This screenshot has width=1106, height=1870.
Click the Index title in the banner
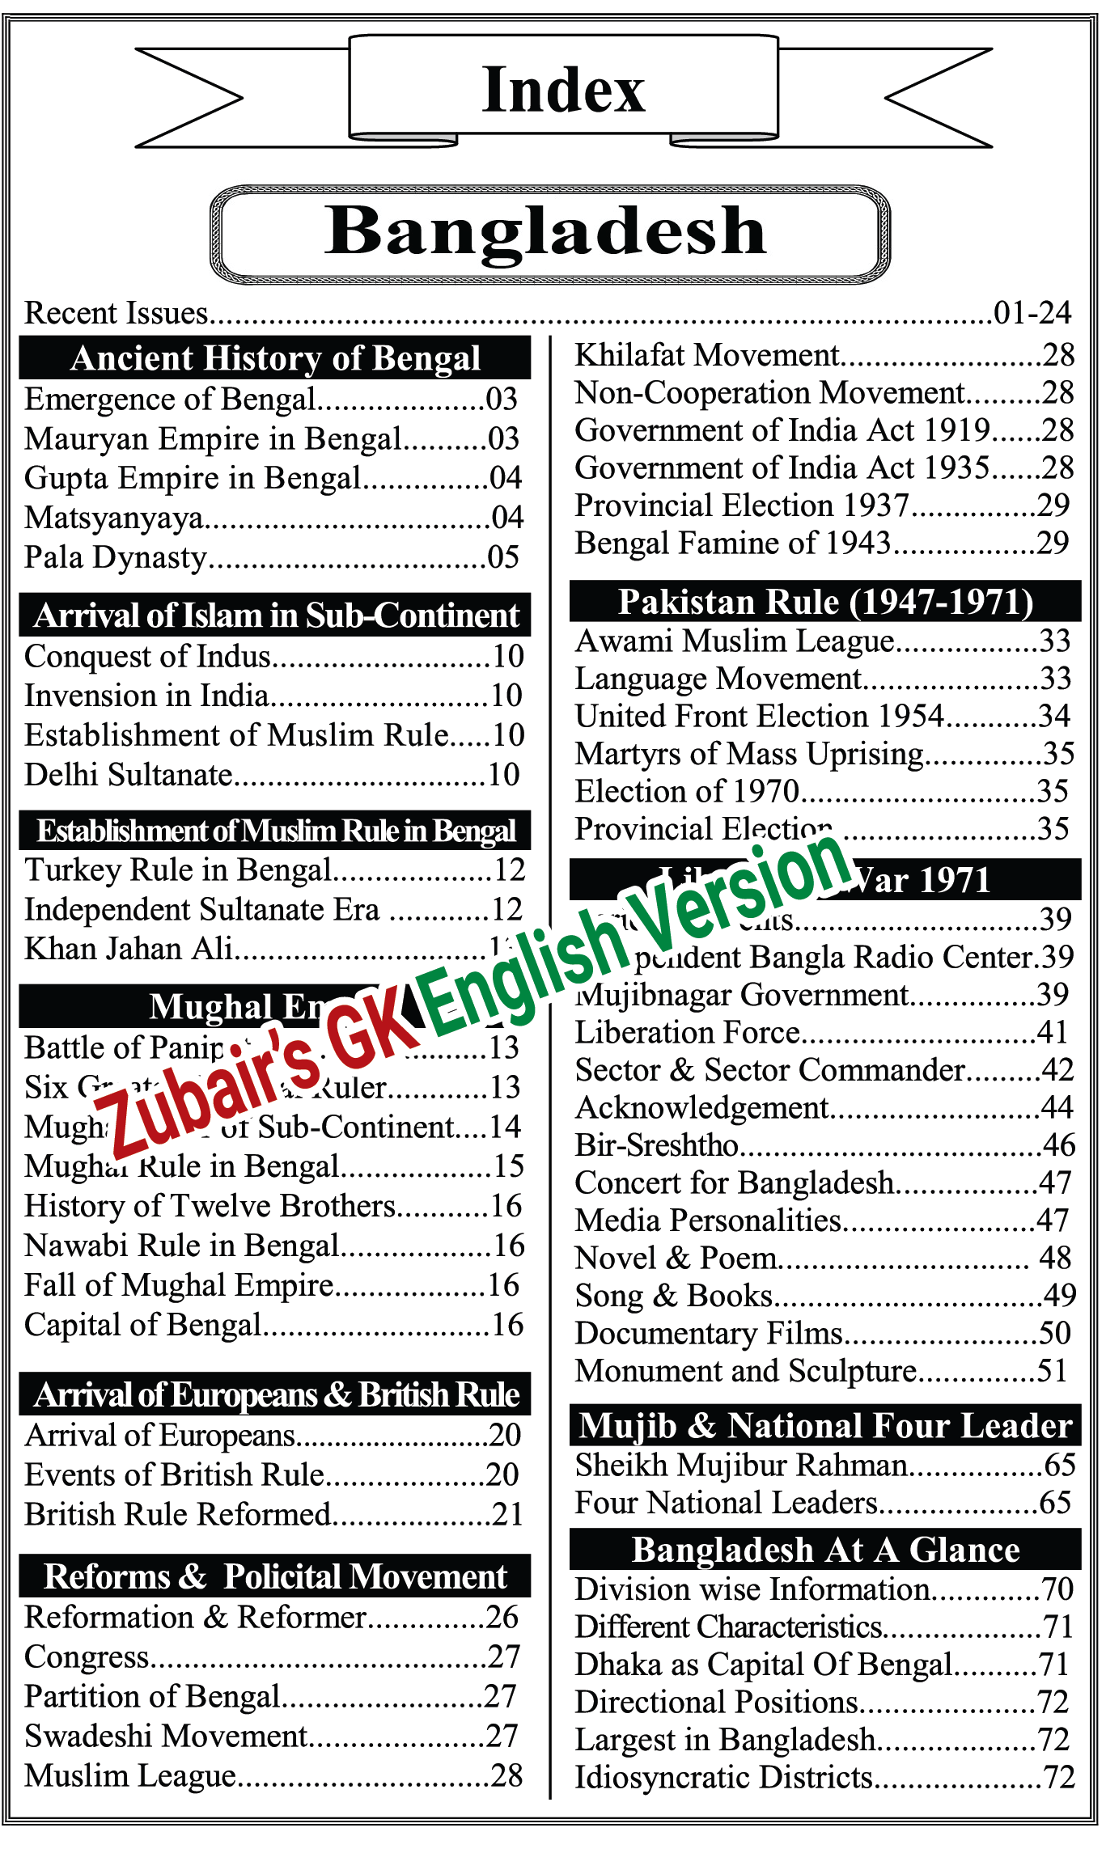563,90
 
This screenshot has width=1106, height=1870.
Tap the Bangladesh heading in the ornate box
547,232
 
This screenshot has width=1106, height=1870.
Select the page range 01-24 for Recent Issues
1032,313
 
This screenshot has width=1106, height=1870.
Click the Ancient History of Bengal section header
275,358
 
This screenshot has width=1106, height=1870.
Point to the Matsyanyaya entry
114,518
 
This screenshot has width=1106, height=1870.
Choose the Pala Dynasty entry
116,557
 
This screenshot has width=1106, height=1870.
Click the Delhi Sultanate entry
129,775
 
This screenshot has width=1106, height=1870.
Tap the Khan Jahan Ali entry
129,949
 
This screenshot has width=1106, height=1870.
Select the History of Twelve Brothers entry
210,1206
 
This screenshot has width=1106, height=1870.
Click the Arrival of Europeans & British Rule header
275,1395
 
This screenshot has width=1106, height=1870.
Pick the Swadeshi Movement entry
166,1736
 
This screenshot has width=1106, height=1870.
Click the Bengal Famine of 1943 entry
732,543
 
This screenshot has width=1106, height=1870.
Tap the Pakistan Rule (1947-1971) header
825,602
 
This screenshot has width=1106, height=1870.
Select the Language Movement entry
718,679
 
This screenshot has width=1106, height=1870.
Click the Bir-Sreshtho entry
656,1145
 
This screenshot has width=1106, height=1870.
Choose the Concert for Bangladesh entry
734,1183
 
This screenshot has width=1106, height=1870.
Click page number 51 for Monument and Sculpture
1053,1371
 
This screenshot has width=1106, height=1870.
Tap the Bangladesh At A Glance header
825,1550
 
